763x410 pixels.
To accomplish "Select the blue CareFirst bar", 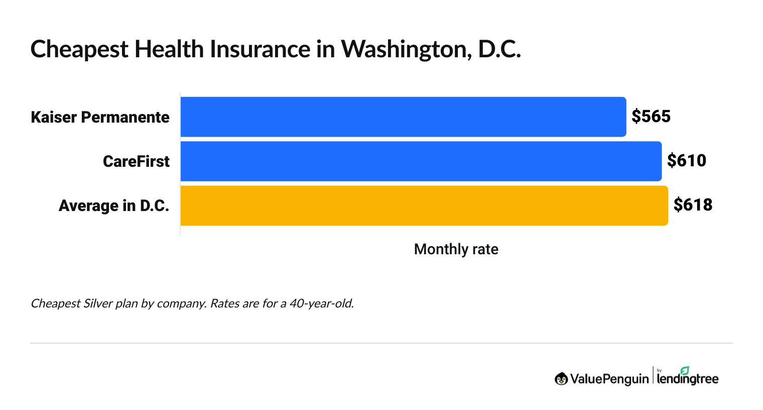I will click(x=421, y=161).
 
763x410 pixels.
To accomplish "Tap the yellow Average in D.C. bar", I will click(x=424, y=206).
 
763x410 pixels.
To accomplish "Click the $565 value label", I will click(x=651, y=117).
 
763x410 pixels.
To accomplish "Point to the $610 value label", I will click(x=686, y=161).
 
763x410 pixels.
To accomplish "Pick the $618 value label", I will click(x=693, y=205).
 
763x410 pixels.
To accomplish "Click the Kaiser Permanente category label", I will click(x=100, y=117).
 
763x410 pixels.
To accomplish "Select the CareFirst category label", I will click(x=136, y=161).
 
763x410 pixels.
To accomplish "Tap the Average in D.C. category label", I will click(x=114, y=206).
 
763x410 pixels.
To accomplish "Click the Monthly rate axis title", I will click(x=456, y=249).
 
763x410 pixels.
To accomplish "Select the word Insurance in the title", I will click(x=260, y=49).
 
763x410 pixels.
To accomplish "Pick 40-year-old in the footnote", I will click(x=321, y=303).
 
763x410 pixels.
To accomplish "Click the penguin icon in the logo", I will click(x=561, y=379).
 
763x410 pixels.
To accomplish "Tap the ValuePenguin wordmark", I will click(x=609, y=379).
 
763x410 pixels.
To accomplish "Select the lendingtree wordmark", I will click(x=688, y=379).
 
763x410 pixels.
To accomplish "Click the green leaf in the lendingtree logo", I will click(x=685, y=370).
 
